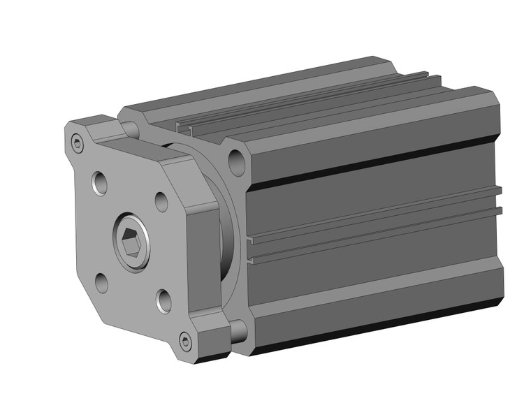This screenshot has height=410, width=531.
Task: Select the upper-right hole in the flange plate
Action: click(x=161, y=201)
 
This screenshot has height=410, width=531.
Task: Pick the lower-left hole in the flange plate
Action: click(x=102, y=282)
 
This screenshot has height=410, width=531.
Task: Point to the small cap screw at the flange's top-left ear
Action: click(x=78, y=145)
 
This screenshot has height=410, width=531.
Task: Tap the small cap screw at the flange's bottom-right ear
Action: click(x=185, y=342)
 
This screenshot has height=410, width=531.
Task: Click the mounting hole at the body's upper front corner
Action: click(x=237, y=163)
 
